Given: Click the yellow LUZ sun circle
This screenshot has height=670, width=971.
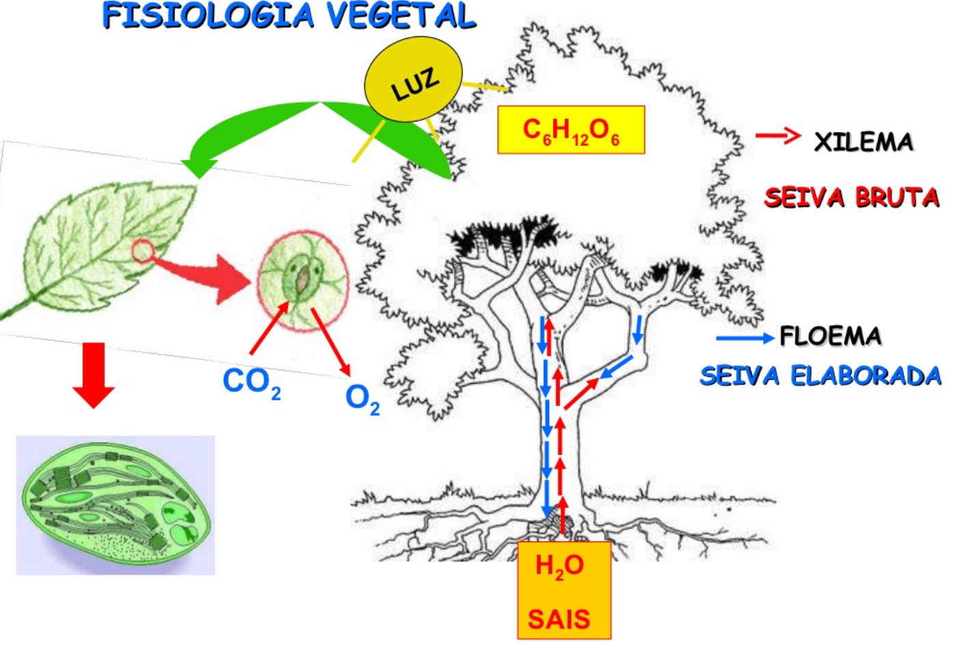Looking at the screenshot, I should pos(413,79).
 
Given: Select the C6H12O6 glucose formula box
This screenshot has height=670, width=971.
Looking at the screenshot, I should pos(571,130).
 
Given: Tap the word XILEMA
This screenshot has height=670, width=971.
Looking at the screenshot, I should pos(863,142).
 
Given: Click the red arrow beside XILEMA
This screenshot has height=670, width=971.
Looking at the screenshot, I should pos(778,136).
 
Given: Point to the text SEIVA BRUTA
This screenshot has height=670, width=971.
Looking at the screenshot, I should pos(852,197).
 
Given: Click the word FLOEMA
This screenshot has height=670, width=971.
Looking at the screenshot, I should pos(830,336).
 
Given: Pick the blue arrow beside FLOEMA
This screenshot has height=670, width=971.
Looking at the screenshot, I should pos(744,337).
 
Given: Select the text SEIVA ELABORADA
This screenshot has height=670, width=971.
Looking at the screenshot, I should pos(820,376).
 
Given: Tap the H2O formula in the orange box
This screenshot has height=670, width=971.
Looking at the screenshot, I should pos(559,566).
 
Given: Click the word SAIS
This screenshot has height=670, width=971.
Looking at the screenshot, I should pos(559,619).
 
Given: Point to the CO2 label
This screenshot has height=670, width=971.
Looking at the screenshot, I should pos(251,382).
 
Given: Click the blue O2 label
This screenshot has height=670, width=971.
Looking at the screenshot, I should pos(362,397).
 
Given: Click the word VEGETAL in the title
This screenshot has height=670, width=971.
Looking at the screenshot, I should pos(401,16).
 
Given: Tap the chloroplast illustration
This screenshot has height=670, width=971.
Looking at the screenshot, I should pos(115,505).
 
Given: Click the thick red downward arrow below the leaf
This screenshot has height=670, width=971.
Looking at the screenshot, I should pos(94,374).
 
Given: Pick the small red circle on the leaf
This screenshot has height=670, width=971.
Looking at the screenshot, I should pos(142,251).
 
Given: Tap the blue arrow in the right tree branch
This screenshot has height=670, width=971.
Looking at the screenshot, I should pos(638,329).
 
